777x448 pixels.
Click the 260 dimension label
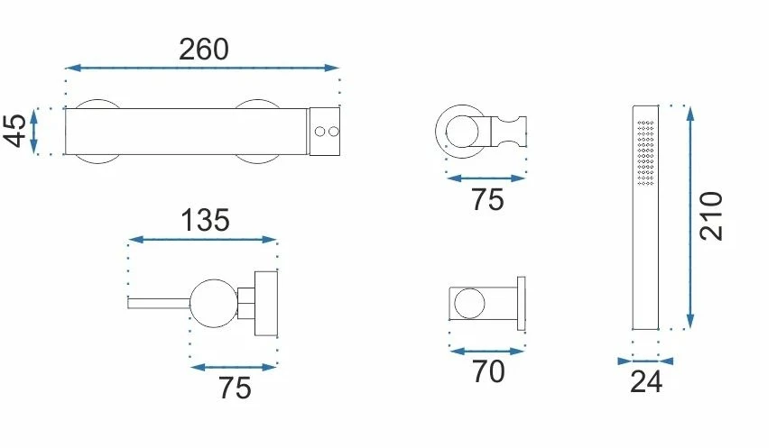[x=204, y=50]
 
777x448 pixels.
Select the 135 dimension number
[x=205, y=220]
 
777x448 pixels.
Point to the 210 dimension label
[x=712, y=215]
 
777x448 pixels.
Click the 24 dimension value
[x=646, y=382]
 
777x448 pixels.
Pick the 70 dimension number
[x=488, y=371]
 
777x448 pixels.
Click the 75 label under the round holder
[x=487, y=200]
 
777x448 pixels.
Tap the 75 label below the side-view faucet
[x=235, y=389]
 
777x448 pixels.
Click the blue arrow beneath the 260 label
[x=202, y=68]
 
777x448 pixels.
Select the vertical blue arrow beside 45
[x=33, y=132]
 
